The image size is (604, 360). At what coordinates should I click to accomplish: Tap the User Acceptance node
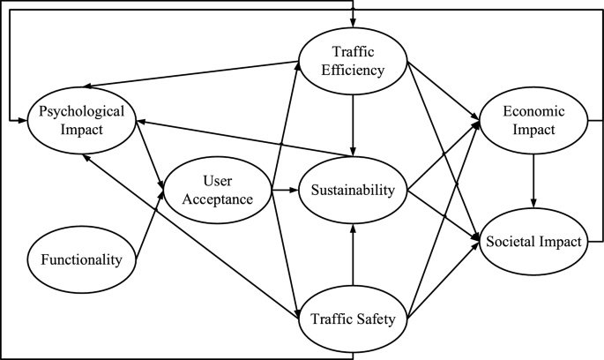[x=215, y=189]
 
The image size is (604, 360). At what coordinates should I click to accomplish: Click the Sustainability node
[x=353, y=191]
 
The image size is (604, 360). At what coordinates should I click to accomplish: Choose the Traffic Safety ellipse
[x=353, y=319]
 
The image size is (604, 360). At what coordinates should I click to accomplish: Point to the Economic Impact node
[x=533, y=120]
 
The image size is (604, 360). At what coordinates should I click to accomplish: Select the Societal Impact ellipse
[x=533, y=241]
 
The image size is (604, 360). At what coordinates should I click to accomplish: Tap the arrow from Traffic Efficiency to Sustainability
[x=353, y=124]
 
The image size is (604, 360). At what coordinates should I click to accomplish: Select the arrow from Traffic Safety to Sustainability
[x=353, y=256]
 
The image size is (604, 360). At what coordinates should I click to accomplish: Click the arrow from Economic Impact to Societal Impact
[x=533, y=181]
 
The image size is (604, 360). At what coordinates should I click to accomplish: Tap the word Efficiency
[x=353, y=69]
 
